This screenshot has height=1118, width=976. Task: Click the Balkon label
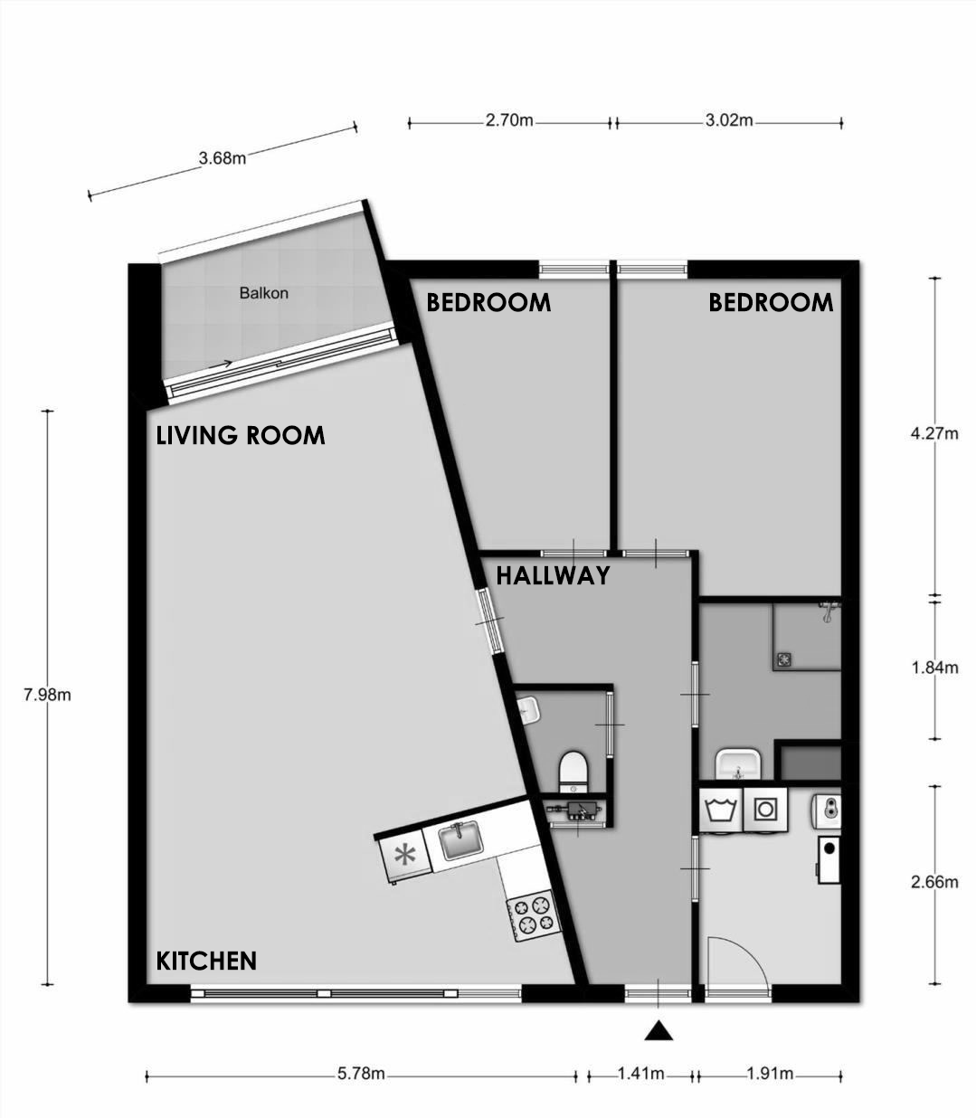click(263, 293)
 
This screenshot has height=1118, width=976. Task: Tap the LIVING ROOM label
click(241, 435)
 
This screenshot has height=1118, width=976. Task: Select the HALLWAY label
click(553, 575)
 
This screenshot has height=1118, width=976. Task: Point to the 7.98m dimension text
click(47, 695)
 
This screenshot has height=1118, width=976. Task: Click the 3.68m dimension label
click(222, 158)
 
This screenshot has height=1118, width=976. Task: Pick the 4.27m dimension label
click(934, 434)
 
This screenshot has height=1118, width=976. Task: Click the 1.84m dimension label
click(934, 668)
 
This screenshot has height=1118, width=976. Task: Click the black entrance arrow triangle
click(659, 1030)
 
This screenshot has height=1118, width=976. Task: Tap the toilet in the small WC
click(573, 772)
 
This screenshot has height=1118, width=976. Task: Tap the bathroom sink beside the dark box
click(738, 764)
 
